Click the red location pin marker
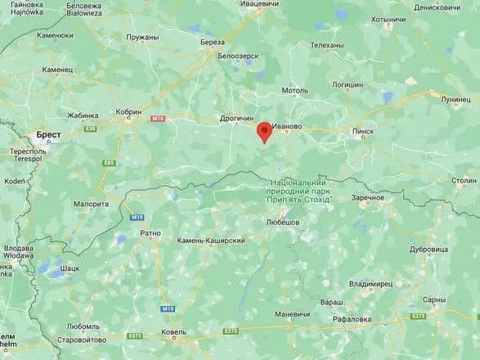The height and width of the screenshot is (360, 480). [x=264, y=132]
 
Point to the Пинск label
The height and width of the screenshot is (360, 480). [x=362, y=129]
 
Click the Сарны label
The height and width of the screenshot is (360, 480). [x=435, y=300]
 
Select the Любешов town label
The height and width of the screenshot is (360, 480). [x=283, y=223]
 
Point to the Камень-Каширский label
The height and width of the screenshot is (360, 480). [x=212, y=241]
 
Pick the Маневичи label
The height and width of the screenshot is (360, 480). [x=293, y=314]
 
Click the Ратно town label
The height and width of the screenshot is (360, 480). [x=150, y=232]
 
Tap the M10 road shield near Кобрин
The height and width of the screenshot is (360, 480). [x=158, y=119]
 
